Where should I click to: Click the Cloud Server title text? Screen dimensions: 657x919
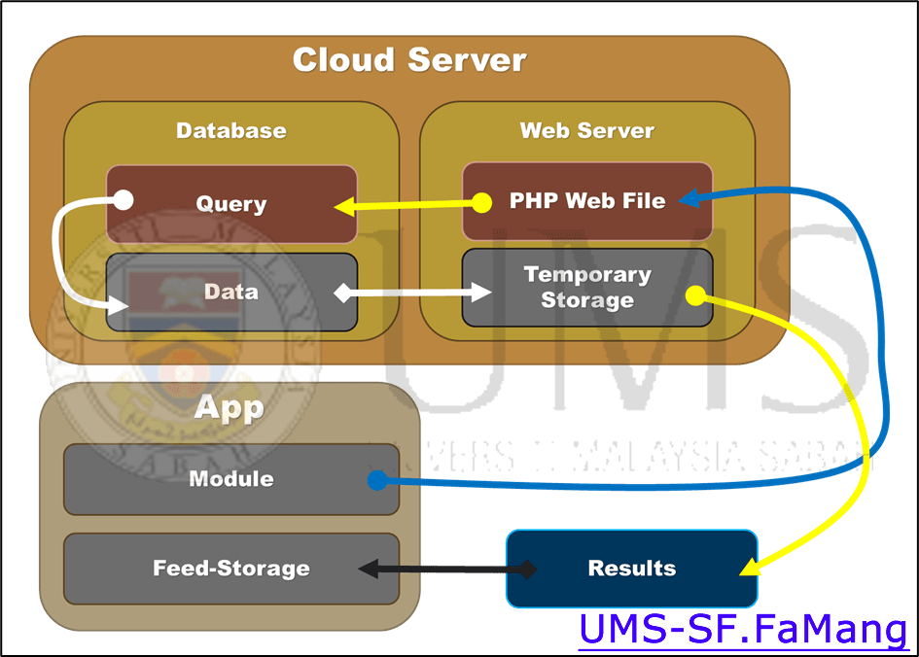point(409,60)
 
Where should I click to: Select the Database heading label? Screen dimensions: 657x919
point(231,130)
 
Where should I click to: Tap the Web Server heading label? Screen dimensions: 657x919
point(586,130)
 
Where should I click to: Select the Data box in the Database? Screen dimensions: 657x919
point(231,292)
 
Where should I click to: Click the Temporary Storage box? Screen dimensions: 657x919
point(586,288)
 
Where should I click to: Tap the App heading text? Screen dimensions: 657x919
point(230,406)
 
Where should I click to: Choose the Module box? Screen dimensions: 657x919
point(231,478)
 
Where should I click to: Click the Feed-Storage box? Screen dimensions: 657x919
point(231,569)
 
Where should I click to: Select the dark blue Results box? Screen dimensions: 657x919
point(631,569)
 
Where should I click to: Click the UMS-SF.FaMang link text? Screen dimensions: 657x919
point(743,630)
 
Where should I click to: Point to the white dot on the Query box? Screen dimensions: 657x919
point(124,200)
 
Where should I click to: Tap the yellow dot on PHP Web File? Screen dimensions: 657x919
point(480,203)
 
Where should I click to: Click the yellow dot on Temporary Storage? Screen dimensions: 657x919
point(695,294)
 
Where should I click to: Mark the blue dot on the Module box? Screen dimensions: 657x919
point(377,479)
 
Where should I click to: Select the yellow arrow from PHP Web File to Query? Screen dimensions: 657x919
point(408,205)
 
